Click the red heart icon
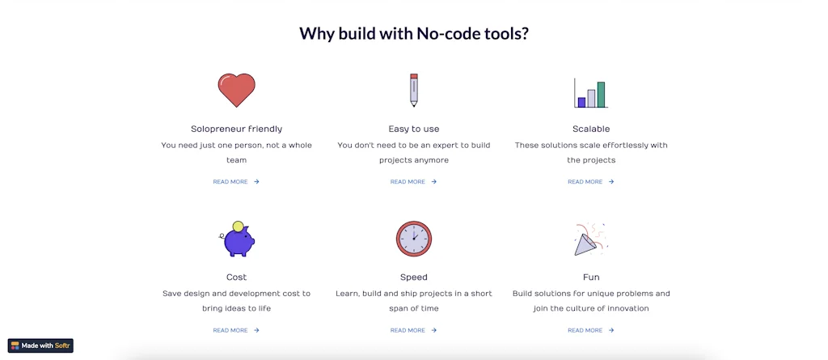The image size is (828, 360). [x=236, y=91]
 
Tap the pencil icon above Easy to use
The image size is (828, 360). [x=414, y=91]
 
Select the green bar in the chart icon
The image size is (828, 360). [x=601, y=94]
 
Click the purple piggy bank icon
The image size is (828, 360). [x=238, y=239]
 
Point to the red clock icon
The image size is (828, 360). [x=414, y=239]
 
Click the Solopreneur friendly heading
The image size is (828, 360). [x=236, y=129]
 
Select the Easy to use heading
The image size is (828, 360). [x=414, y=129]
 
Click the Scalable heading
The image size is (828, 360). [x=591, y=129]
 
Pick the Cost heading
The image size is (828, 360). [x=236, y=277]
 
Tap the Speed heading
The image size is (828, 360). [x=414, y=277]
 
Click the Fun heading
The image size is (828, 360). [x=591, y=277]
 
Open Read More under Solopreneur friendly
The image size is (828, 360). [x=236, y=182]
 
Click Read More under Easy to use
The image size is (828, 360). [x=413, y=182]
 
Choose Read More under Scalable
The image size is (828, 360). [x=590, y=182]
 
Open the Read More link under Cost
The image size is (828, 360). [x=236, y=331]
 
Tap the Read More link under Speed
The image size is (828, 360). [x=413, y=331]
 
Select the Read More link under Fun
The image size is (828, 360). [x=590, y=331]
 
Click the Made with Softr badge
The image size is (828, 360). [x=40, y=345]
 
